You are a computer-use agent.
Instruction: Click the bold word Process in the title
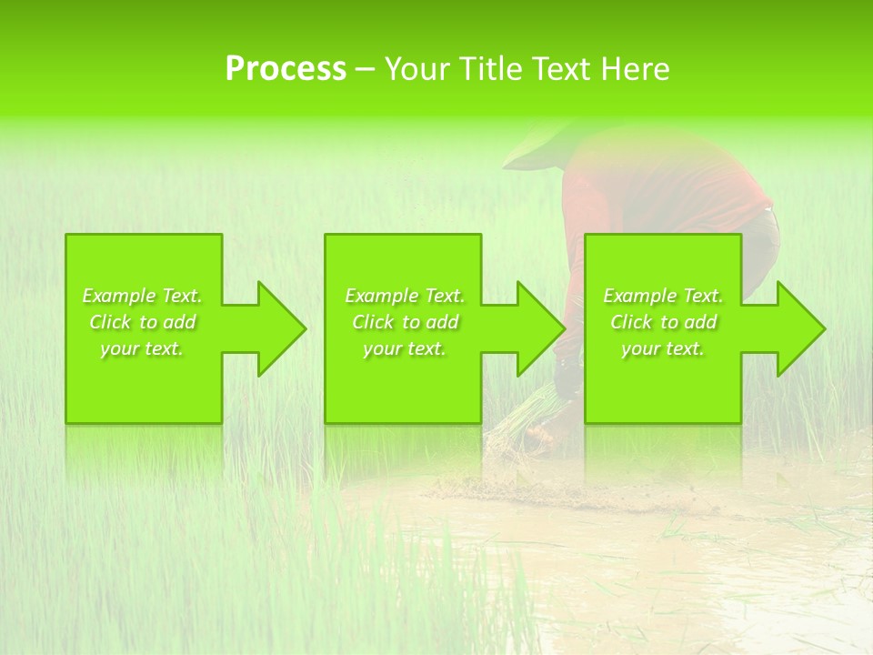click(x=286, y=69)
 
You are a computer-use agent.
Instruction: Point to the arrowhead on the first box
click(x=276, y=329)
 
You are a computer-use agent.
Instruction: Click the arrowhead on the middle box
click(x=536, y=329)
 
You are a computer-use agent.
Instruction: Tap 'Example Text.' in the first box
click(x=142, y=296)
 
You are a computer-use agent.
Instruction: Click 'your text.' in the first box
click(x=142, y=348)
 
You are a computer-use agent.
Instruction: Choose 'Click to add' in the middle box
click(x=405, y=322)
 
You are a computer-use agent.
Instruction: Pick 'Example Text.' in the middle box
click(x=405, y=296)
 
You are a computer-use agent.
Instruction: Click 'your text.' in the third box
click(x=663, y=348)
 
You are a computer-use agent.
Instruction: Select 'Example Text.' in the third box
click(x=663, y=296)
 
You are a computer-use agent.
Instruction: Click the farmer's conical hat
click(x=537, y=146)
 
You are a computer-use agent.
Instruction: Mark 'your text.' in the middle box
click(x=405, y=348)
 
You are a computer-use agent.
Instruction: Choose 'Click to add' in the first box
click(x=142, y=322)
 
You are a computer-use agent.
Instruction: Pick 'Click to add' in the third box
click(x=663, y=322)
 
